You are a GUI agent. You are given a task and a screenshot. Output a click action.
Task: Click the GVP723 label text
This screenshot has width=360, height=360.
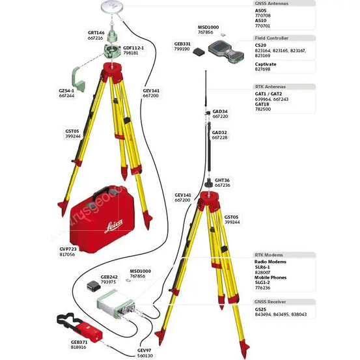[67, 249]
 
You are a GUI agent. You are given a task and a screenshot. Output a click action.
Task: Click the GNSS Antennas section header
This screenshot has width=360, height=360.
[271, 3]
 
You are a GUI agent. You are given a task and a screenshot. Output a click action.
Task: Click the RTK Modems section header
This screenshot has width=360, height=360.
[269, 255]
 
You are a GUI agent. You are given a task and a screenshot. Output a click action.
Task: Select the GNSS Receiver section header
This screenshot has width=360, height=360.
[271, 301]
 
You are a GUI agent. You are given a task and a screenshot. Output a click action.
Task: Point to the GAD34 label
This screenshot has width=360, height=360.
[220, 111]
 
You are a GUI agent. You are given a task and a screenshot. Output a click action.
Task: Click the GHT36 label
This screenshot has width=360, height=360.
[222, 180]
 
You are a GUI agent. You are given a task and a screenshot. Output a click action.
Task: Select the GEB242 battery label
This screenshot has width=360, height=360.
[109, 277]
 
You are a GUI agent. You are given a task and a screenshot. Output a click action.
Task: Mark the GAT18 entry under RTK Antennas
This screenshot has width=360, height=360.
[262, 104]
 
